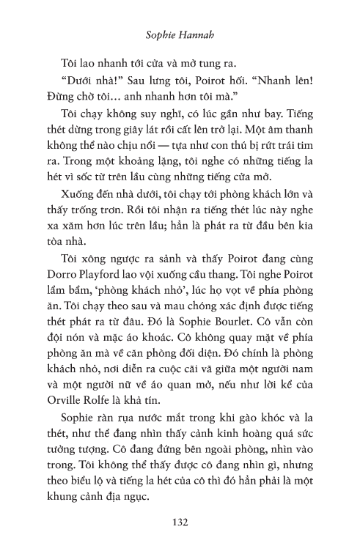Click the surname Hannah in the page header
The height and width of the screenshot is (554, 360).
(x=196, y=33)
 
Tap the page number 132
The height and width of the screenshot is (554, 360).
(x=180, y=522)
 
